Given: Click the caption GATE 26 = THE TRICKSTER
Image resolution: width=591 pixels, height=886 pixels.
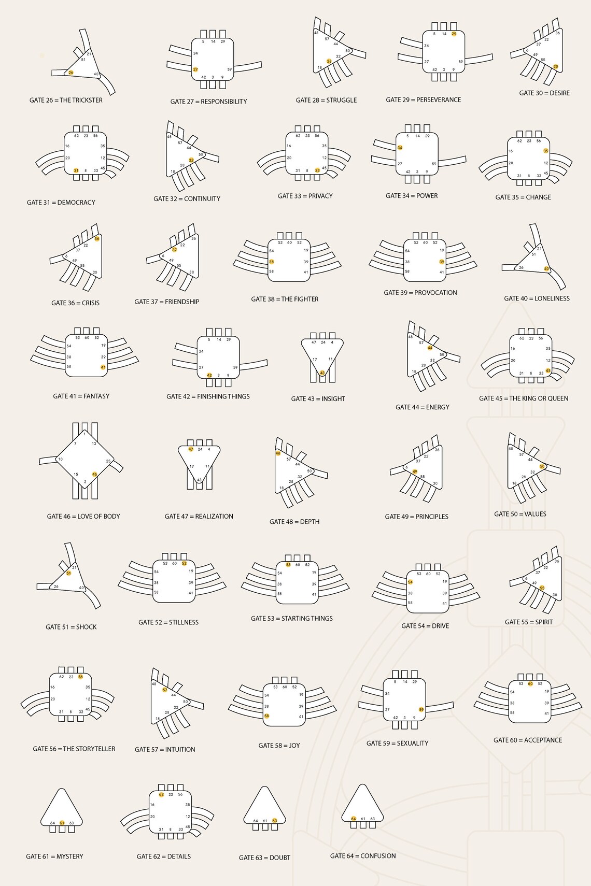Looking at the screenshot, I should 66,100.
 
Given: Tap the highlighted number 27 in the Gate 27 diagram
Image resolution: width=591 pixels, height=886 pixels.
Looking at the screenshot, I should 195,69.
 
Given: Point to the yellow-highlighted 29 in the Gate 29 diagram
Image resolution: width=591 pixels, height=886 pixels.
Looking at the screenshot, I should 454,34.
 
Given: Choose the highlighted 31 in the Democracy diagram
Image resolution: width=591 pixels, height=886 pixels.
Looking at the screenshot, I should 76,170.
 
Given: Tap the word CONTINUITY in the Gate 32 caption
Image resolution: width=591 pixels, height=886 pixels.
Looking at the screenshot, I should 202,199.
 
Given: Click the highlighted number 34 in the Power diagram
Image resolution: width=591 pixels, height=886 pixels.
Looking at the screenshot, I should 400,148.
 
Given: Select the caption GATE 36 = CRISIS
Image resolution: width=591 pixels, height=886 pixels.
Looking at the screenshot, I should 75,303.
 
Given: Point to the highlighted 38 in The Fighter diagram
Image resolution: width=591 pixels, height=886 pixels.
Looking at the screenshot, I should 271,262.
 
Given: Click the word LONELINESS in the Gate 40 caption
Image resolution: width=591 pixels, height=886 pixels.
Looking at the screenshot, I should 552,298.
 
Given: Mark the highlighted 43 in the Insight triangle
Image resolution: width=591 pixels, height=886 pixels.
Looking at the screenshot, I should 322,373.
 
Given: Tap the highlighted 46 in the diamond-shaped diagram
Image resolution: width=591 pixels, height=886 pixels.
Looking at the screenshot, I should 94,474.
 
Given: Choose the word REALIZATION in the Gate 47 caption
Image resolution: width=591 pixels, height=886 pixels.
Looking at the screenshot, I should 214,517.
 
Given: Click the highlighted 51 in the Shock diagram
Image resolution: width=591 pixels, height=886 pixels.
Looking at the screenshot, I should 68,573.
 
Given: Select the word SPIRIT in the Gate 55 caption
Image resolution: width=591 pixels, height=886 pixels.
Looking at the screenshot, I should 544,622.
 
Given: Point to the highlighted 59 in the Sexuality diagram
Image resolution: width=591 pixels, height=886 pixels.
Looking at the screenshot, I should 421,709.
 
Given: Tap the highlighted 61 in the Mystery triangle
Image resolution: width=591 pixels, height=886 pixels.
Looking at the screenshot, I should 62,823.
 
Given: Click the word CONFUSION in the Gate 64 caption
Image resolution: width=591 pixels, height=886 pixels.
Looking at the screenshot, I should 378,856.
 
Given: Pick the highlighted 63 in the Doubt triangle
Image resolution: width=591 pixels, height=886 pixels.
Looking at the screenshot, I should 275,821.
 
